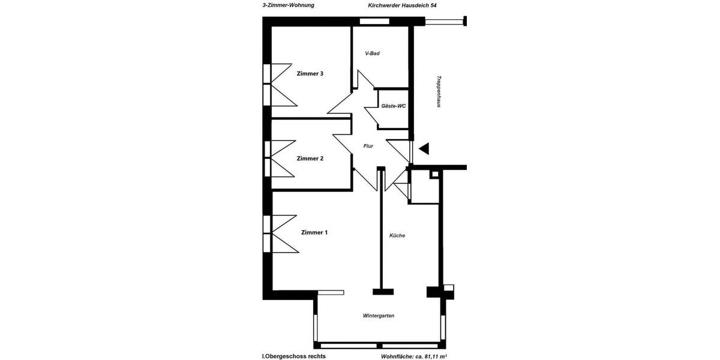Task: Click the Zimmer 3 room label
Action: tap(310, 74)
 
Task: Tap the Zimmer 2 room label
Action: tap(310, 158)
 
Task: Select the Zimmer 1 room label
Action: tap(314, 232)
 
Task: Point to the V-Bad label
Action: tap(373, 53)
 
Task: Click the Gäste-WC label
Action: tap(394, 106)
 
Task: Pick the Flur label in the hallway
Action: tap(368, 146)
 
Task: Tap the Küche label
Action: tap(397, 235)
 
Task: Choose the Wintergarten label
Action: tap(379, 316)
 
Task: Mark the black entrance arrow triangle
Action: tap(424, 148)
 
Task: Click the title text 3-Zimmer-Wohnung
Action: tap(288, 5)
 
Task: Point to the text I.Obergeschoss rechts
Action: tap(294, 356)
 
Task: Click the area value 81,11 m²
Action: tap(433, 356)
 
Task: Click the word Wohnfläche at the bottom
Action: tap(397, 356)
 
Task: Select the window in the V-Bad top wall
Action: tap(373, 22)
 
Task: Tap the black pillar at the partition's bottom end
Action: tap(383, 292)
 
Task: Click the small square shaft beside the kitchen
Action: tap(434, 175)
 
